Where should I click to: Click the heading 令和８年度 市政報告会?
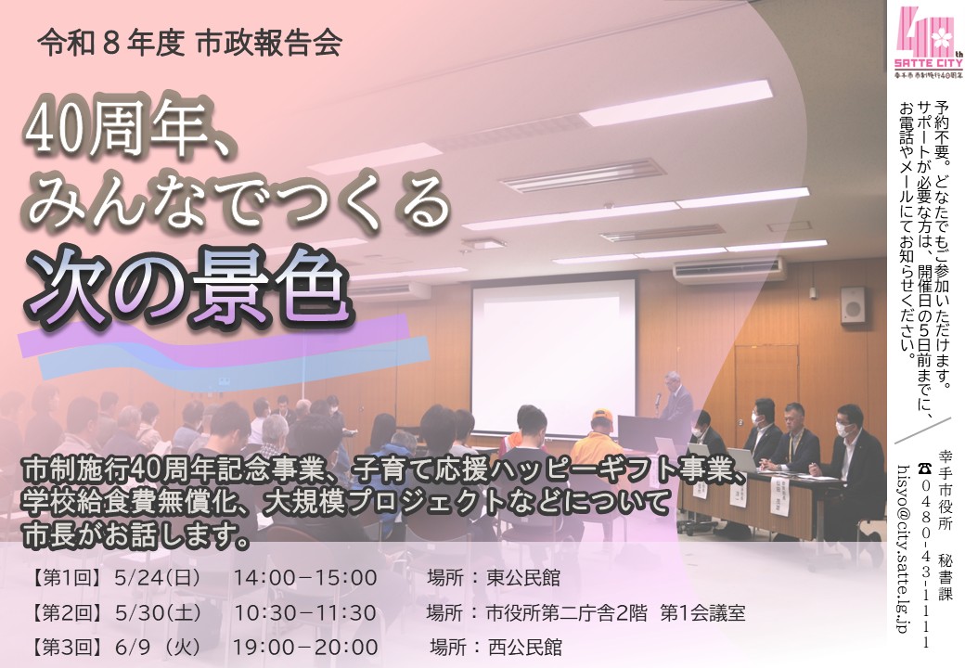coord(189,44)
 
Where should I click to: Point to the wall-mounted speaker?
coord(852,305)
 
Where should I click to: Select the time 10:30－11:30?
coord(305,613)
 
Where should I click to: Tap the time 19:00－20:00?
coord(306,647)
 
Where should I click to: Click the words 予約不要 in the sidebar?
coord(944,120)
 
